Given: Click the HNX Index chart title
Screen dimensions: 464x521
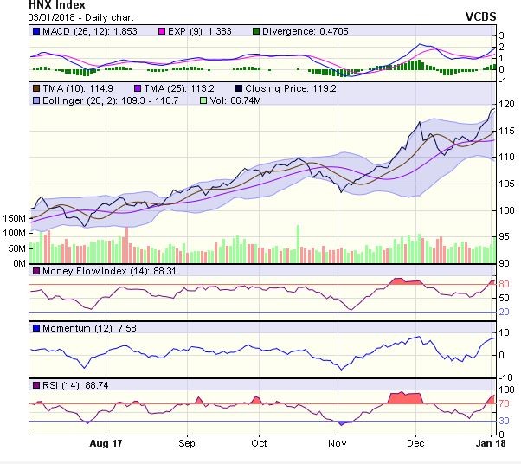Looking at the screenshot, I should click(x=57, y=4).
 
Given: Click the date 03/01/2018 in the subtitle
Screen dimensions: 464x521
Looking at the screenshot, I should click(x=53, y=16).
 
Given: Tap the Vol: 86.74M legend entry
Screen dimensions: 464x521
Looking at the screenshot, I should click(x=228, y=100).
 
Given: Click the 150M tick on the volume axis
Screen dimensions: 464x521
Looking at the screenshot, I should click(x=14, y=218).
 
